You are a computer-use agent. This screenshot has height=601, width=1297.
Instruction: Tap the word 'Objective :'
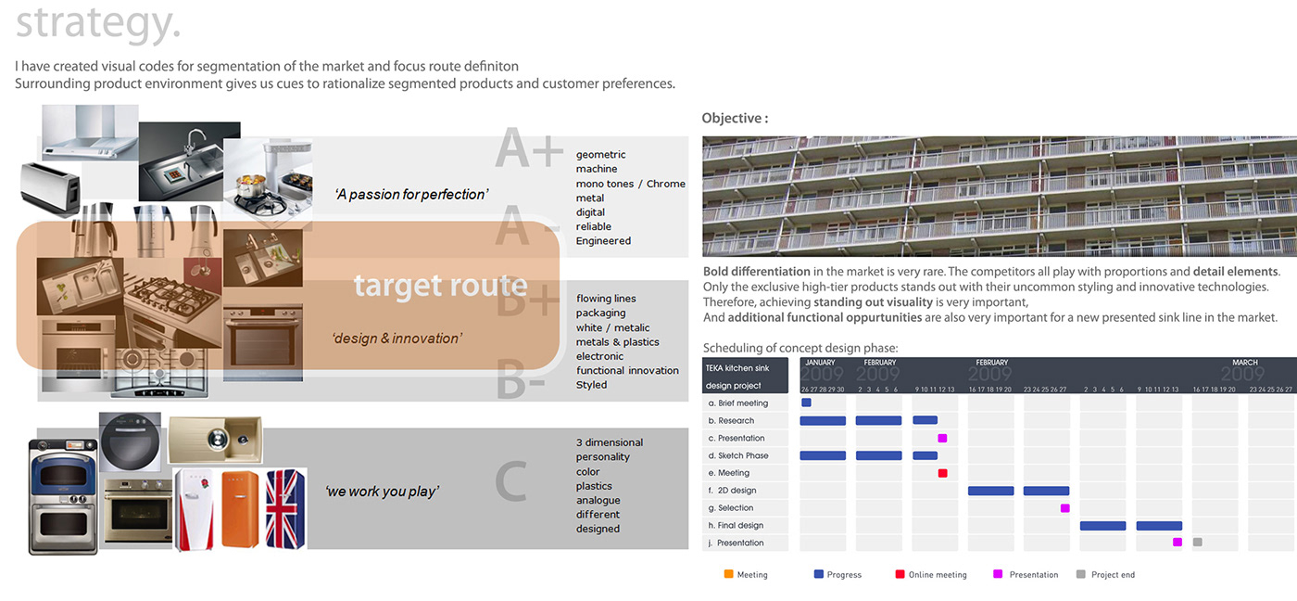tap(735, 118)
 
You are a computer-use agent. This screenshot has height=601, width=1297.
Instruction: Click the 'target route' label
tap(440, 285)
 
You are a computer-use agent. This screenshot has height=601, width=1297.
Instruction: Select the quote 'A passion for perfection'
tap(410, 194)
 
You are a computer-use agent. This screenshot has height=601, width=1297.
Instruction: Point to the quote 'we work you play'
tap(381, 491)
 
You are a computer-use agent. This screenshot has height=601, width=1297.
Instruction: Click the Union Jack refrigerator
tap(285, 508)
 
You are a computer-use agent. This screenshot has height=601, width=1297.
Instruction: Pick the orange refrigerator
tap(240, 508)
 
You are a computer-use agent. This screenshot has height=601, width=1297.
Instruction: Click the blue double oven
tap(63, 496)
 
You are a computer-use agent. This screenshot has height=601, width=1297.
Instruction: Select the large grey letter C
tap(510, 481)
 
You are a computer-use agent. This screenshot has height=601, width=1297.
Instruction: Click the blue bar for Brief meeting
tap(806, 403)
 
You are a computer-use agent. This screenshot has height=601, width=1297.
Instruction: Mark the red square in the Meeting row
tap(942, 473)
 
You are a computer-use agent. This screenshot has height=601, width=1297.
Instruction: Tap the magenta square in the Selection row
tap(1064, 508)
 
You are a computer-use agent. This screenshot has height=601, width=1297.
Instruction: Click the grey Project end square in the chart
tap(1197, 543)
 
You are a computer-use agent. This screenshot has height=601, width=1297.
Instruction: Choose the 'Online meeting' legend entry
tap(937, 575)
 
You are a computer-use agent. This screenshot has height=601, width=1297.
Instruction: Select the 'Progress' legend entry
tap(843, 575)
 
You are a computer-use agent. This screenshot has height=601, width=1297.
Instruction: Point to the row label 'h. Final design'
tap(736, 526)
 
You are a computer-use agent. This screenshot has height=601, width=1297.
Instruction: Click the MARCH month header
tap(1244, 363)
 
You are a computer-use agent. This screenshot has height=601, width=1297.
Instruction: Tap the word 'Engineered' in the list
tap(603, 241)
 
